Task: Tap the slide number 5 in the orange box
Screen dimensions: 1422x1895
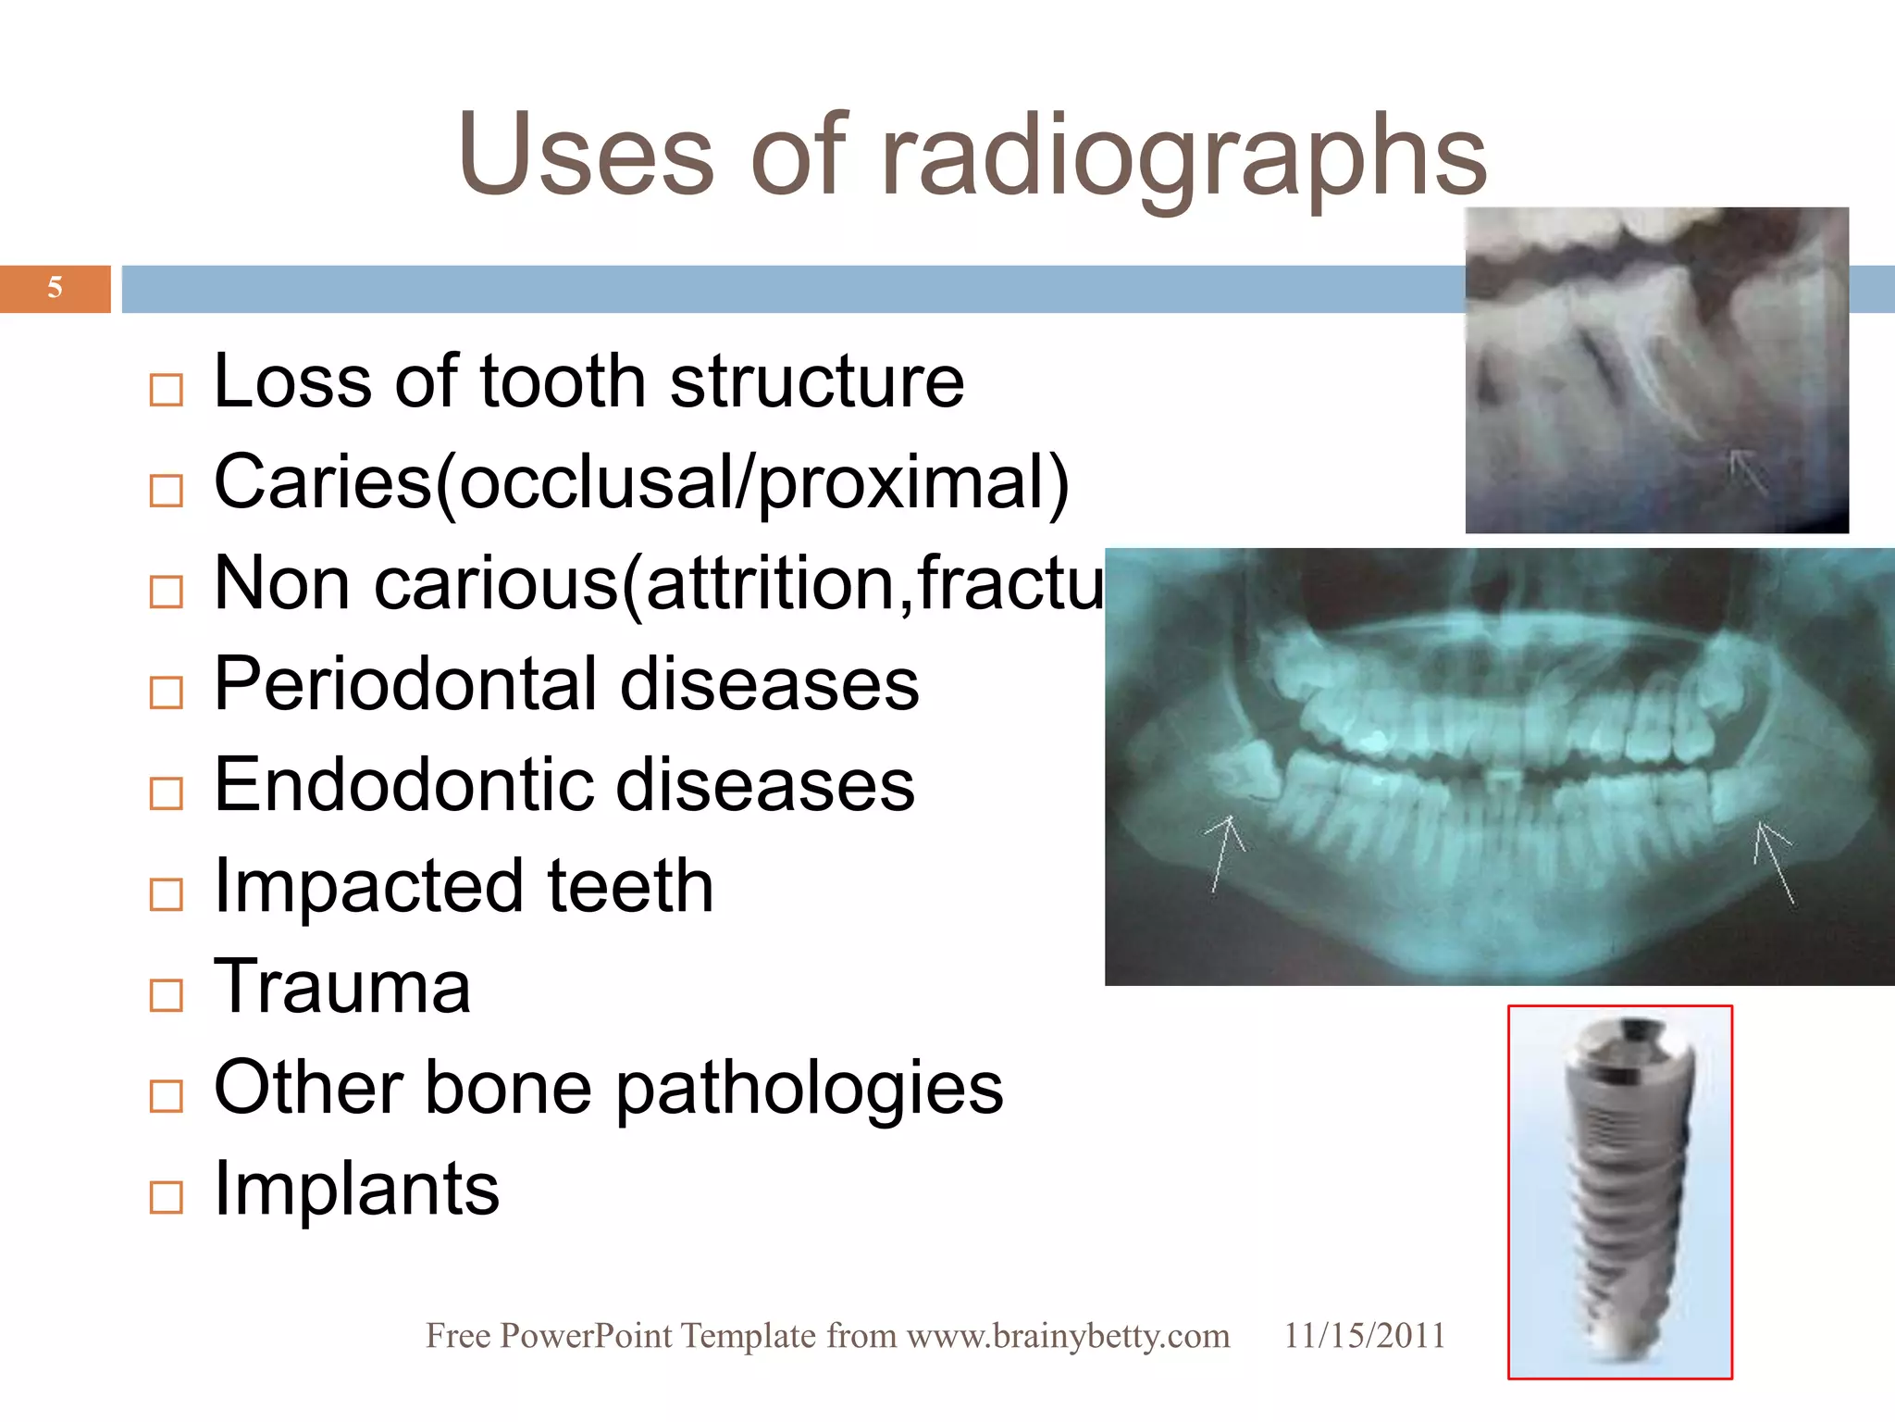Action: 56,288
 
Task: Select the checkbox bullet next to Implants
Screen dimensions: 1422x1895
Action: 167,1197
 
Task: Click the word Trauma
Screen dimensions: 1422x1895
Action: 342,987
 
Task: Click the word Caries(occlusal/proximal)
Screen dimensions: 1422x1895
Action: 641,482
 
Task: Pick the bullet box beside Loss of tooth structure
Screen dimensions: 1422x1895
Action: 167,390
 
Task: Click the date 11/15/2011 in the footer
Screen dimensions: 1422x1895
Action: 1364,1336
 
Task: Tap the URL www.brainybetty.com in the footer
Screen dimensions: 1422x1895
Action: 1068,1336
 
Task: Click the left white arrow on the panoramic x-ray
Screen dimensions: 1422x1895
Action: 1223,847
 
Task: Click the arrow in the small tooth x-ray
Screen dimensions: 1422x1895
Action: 1747,470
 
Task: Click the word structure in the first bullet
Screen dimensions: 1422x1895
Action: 816,381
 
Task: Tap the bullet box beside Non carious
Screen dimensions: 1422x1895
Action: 167,592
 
